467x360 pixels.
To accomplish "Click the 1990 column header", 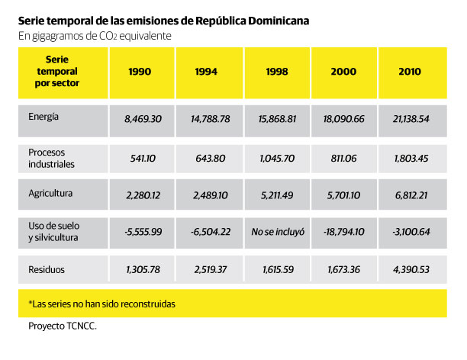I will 142,72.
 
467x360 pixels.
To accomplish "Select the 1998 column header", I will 276,72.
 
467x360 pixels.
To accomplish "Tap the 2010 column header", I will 413,72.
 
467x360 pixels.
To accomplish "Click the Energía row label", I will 44,117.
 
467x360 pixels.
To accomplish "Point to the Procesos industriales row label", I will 52,158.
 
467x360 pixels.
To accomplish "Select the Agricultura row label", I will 50,193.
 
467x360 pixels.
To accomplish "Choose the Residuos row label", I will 46,268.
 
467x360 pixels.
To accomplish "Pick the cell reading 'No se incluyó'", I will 277,232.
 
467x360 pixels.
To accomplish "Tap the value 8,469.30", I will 143,119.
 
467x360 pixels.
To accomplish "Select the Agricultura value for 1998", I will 277,194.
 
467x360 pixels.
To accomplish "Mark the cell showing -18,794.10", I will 345,232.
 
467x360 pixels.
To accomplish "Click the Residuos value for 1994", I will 209,270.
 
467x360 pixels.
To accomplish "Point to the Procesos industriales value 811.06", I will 345,158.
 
